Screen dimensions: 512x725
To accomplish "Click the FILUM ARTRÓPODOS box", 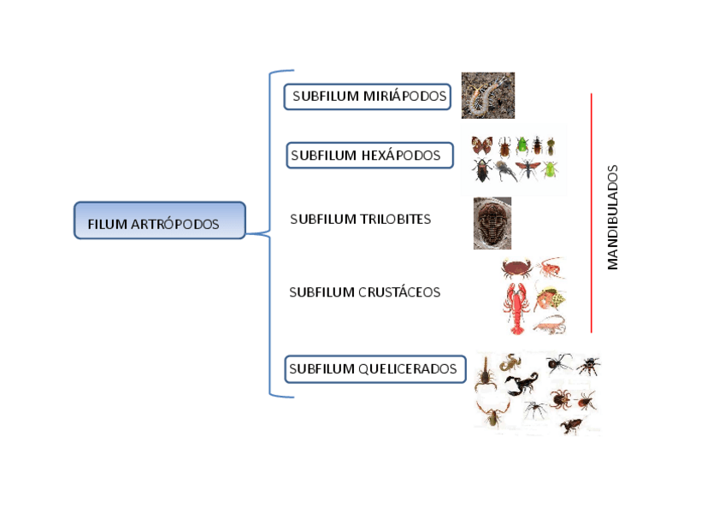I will click(159, 221).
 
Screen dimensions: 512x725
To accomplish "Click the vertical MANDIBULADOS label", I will click(612, 217).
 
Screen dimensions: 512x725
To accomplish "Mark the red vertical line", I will click(591, 214).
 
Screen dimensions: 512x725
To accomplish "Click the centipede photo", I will click(487, 95).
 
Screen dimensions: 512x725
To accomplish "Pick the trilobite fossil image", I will click(492, 223).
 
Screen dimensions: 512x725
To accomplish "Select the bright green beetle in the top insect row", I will click(521, 145).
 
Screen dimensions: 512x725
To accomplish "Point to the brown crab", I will click(516, 268).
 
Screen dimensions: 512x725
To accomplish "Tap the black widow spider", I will click(559, 362).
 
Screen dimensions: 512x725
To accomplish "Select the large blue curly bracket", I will click(272, 233).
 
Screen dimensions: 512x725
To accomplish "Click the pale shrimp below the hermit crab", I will click(548, 324).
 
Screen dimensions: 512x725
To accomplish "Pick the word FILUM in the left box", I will click(107, 225).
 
